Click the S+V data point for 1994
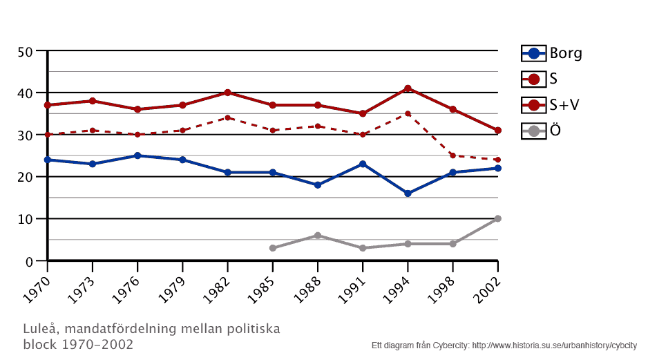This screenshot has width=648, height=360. tap(408, 88)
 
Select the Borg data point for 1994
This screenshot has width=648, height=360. tap(408, 193)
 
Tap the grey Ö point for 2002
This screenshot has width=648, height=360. tap(497, 218)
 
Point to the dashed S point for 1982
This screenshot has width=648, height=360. tap(227, 117)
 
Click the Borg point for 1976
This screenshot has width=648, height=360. tap(137, 155)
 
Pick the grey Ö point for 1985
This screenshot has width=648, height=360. tap(272, 248)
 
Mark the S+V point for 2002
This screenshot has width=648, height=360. tap(497, 131)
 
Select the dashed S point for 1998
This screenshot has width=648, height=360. tap(452, 155)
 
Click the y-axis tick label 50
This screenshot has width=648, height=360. tap(26, 52)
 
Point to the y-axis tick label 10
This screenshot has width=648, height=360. tap(26, 219)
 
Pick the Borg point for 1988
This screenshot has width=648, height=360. tap(318, 185)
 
